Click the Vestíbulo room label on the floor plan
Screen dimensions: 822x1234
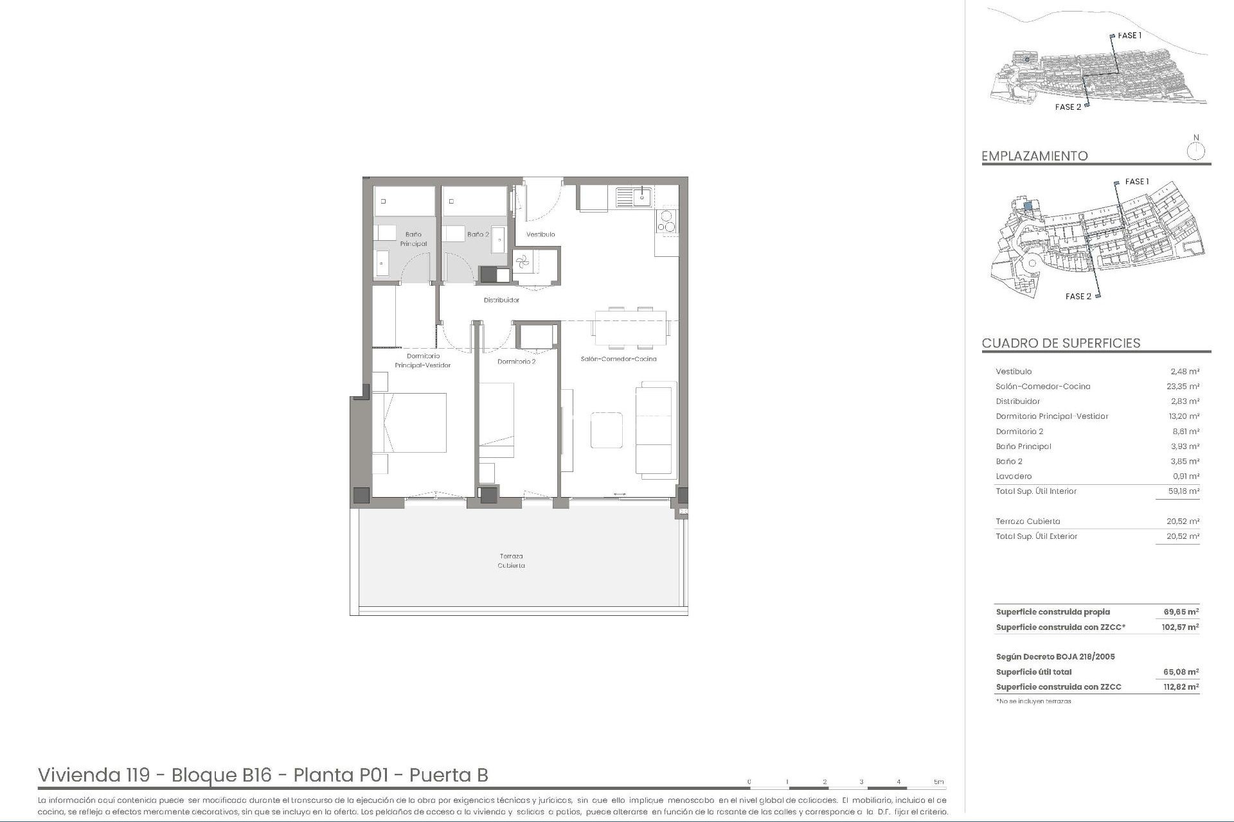pyautogui.click(x=541, y=234)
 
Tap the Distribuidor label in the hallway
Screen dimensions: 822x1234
pyautogui.click(x=501, y=300)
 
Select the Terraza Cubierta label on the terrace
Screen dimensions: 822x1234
pyautogui.click(x=511, y=561)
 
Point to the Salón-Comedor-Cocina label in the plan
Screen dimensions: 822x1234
pyautogui.click(x=618, y=359)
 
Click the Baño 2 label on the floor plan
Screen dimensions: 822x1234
pyautogui.click(x=478, y=234)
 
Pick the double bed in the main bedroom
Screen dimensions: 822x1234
pyautogui.click(x=409, y=423)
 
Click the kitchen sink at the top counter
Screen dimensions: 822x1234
pyautogui.click(x=634, y=197)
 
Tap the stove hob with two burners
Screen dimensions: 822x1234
pyautogui.click(x=666, y=221)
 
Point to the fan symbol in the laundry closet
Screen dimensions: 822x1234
pyautogui.click(x=522, y=261)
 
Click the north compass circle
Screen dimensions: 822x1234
pyautogui.click(x=1195, y=152)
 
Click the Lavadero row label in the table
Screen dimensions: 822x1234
pyautogui.click(x=1014, y=477)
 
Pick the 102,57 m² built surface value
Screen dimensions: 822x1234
pyautogui.click(x=1180, y=627)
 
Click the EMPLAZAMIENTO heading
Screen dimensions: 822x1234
pyautogui.click(x=1034, y=156)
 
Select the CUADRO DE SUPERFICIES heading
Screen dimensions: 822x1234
pyautogui.click(x=1060, y=343)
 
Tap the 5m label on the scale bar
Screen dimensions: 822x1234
pyautogui.click(x=938, y=782)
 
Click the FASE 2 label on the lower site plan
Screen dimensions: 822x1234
pyautogui.click(x=1078, y=297)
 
